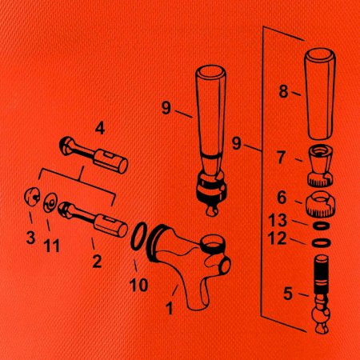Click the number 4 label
(x=100, y=129)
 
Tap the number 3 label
(x=30, y=237)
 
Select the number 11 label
(x=51, y=246)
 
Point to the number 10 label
(x=138, y=285)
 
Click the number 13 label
(x=278, y=220)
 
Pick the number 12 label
(x=277, y=238)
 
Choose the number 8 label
(x=283, y=91)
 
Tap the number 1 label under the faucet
(x=169, y=308)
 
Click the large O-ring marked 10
(x=139, y=236)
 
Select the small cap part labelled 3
(x=31, y=197)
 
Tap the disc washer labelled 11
(x=50, y=202)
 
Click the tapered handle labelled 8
(x=320, y=94)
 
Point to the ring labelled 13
(x=322, y=226)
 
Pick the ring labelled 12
(x=322, y=242)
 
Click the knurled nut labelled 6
(x=320, y=204)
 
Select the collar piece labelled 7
(x=320, y=166)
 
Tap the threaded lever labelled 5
(x=321, y=294)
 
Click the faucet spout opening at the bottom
(x=198, y=306)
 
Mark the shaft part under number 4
(x=94, y=154)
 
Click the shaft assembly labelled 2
(x=93, y=220)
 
